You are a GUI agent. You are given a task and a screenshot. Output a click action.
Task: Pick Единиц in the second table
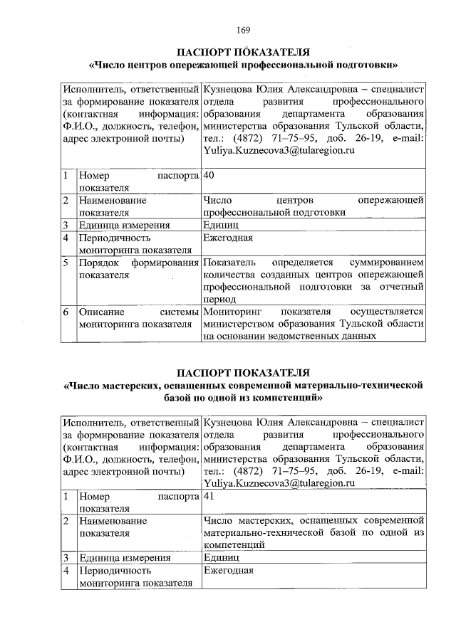[x=222, y=558]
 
